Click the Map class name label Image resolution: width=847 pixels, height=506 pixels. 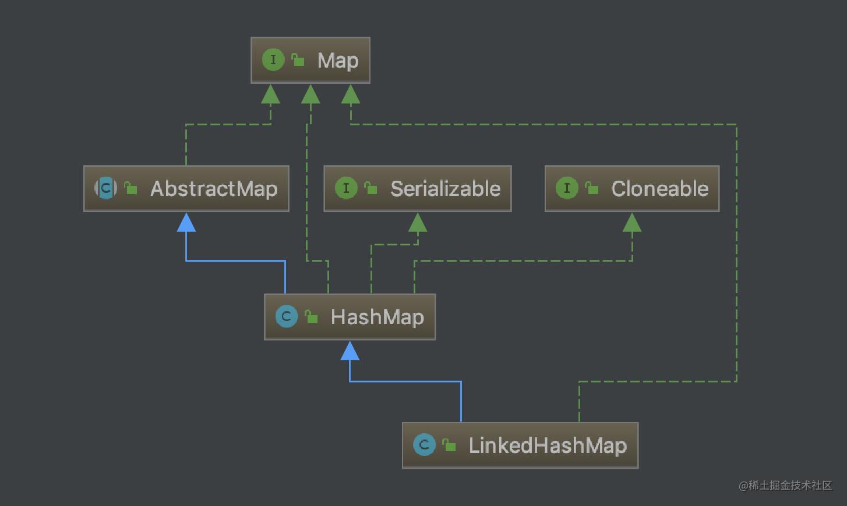pos(338,61)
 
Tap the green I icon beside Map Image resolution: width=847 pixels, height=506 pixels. pos(273,59)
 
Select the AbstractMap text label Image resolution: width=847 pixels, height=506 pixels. pos(214,189)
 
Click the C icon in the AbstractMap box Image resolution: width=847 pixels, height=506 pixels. pos(106,188)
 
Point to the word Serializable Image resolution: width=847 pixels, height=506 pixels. pos(445,189)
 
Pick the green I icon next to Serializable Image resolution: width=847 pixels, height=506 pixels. pos(346,188)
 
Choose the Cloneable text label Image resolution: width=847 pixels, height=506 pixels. pos(659,189)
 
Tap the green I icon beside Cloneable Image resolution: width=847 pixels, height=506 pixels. pos(567,188)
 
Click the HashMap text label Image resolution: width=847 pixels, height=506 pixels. pos(377,317)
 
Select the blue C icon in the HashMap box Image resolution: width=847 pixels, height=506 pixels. pos(287,316)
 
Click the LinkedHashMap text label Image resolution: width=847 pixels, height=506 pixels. pos(548,445)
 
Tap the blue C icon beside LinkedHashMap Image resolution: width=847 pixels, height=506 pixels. pos(424,445)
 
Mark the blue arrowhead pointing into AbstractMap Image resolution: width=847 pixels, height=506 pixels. pos(186,223)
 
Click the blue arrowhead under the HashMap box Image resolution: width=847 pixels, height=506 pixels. pos(350,351)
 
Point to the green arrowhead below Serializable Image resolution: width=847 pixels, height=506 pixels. pos(418,223)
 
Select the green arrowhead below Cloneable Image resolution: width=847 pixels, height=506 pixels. pos(632,223)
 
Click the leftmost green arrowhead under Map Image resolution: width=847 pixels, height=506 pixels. pos(270,94)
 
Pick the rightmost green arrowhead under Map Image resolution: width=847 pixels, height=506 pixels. pos(351,94)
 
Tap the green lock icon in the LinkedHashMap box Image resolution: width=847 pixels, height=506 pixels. pos(449,445)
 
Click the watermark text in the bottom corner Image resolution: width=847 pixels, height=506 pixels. pos(785,485)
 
